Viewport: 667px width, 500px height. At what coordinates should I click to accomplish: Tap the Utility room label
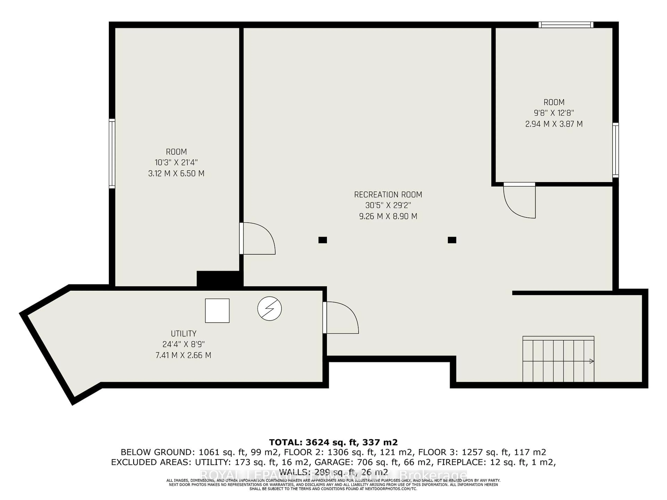[184, 334]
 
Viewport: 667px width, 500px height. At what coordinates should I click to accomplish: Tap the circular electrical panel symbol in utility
[270, 309]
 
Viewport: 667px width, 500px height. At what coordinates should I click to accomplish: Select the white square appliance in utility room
[217, 311]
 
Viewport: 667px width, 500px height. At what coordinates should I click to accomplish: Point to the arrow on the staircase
[591, 361]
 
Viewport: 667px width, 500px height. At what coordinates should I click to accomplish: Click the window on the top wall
[566, 25]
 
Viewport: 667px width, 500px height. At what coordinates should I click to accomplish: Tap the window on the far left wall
[112, 154]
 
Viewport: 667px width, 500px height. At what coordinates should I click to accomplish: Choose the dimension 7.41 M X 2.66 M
[183, 355]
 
